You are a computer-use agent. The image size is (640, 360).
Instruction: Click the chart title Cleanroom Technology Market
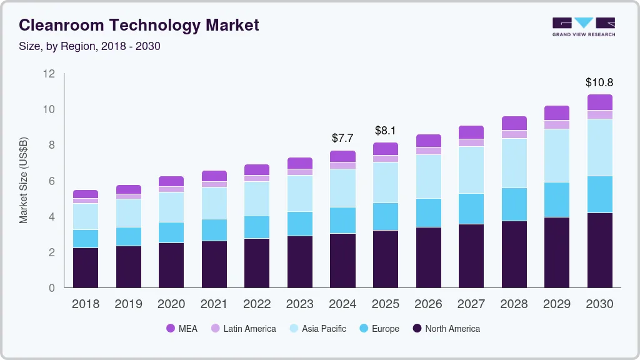(139, 25)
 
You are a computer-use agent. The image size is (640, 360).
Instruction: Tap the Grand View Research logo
(583, 27)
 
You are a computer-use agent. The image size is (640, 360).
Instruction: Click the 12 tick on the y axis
(49, 74)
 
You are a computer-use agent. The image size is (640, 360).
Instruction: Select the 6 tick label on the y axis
(52, 181)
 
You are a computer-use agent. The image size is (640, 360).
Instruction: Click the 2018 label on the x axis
(86, 304)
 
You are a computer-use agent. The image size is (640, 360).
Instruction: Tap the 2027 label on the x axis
(471, 304)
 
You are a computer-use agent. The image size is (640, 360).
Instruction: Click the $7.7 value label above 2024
(343, 137)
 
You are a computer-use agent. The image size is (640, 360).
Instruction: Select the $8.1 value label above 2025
(386, 131)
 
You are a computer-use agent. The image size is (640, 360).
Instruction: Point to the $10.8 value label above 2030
(599, 82)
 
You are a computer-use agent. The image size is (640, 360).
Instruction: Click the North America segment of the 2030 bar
(599, 250)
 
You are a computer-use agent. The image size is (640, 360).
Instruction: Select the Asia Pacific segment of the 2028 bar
(514, 162)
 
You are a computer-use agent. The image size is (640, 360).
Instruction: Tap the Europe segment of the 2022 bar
(257, 227)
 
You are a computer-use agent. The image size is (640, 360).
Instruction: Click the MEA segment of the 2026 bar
(428, 141)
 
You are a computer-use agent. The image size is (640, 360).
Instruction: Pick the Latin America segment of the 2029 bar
(556, 124)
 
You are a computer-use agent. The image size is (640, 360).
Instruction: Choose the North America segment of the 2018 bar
(86, 267)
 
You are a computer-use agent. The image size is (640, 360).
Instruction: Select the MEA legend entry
(181, 329)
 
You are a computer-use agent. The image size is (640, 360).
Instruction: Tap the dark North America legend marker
(416, 329)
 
